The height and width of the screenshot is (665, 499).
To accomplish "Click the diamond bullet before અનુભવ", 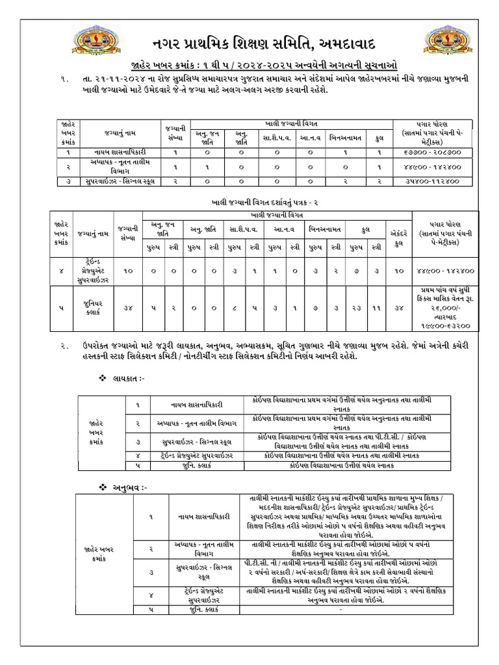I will coord(101,486).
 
